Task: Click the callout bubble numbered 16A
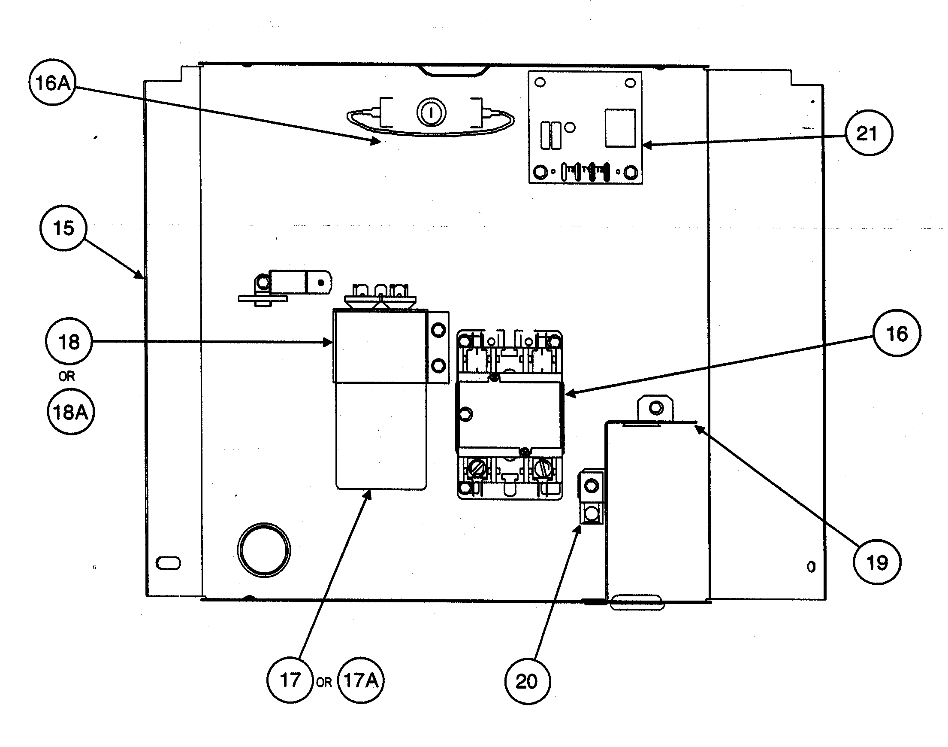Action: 52,82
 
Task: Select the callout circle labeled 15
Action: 63,228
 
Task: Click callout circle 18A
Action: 70,412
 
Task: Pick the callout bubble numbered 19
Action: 876,562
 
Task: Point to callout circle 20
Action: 527,681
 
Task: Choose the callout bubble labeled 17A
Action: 361,680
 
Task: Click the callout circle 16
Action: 897,333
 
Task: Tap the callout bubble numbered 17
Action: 290,680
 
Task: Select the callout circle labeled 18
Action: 69,342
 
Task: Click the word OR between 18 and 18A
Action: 67,376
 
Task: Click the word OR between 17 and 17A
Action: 324,682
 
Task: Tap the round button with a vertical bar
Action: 431,113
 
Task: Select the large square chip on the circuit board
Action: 620,128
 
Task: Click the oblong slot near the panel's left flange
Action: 168,563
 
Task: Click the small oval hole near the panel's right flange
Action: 811,567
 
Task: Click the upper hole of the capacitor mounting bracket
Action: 438,330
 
